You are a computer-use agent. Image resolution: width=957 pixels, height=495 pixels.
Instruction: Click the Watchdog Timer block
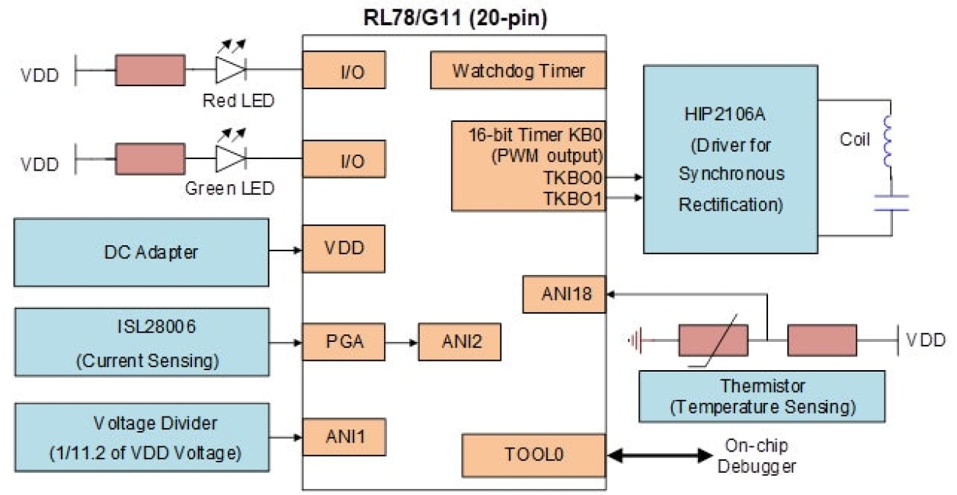pyautogui.click(x=518, y=71)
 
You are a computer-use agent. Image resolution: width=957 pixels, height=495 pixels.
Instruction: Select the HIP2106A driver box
pyautogui.click(x=730, y=159)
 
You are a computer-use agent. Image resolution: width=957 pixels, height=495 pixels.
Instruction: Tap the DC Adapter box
pyautogui.click(x=141, y=252)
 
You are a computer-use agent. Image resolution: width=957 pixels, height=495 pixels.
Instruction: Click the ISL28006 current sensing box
pyautogui.click(x=141, y=342)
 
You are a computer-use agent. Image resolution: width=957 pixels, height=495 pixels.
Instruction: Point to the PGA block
pyautogui.click(x=344, y=342)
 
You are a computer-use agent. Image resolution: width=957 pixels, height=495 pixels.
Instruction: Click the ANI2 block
pyautogui.click(x=459, y=342)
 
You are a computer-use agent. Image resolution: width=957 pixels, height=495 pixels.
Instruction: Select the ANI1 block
pyautogui.click(x=344, y=437)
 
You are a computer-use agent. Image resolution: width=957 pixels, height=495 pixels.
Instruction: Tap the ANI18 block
pyautogui.click(x=564, y=294)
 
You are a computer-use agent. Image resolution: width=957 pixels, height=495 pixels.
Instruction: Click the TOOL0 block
pyautogui.click(x=533, y=455)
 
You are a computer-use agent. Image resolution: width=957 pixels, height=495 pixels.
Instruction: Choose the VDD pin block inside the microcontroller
pyautogui.click(x=344, y=248)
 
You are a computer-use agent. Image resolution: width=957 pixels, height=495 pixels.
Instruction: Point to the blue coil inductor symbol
pyautogui.click(x=889, y=142)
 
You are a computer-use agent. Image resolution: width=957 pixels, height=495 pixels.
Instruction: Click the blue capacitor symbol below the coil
pyautogui.click(x=890, y=202)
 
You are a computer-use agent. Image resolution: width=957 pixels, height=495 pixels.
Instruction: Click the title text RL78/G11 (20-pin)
pyautogui.click(x=454, y=18)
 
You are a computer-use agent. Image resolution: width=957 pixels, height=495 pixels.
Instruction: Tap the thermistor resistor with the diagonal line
pyautogui.click(x=713, y=340)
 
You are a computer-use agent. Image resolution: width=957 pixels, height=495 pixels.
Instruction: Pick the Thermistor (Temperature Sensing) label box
pyautogui.click(x=762, y=396)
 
